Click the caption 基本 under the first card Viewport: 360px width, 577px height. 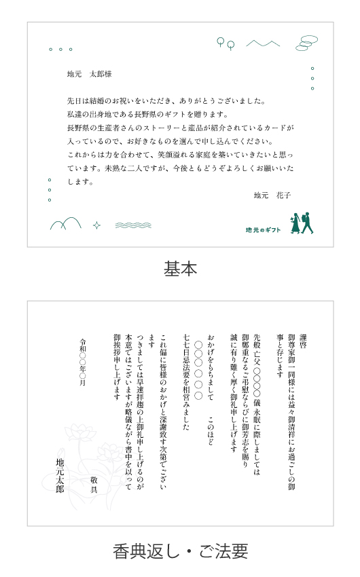180,268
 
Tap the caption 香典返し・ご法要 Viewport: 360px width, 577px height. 180,551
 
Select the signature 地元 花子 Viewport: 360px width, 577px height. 272,195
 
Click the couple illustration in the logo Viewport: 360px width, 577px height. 302,223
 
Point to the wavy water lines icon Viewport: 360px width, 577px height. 133,225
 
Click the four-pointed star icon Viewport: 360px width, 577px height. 96,225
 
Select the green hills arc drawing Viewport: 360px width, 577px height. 65,223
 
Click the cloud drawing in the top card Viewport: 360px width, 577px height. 306,43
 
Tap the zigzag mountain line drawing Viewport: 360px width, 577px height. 263,43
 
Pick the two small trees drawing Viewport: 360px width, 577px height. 226,43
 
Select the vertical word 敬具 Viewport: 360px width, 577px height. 94,484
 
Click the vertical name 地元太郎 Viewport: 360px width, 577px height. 60,475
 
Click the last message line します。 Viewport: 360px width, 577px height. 80,182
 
